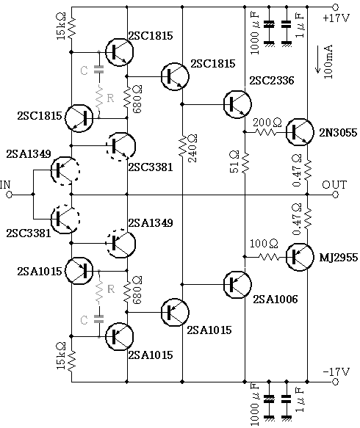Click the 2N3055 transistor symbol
tap(300, 132)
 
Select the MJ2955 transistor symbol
tap(300, 257)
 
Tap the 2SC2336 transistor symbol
tap(237, 104)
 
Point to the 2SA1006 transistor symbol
tap(237, 285)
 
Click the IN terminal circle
tap(9, 195)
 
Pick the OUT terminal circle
tap(336, 195)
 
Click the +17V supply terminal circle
tap(336, 7)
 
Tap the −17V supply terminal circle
tap(336, 382)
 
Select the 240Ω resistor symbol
tap(182, 146)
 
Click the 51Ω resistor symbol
tap(245, 163)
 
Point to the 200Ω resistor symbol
tap(265, 132)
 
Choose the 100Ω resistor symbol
tap(269, 257)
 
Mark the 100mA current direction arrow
tap(317, 59)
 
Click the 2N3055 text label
tap(338, 133)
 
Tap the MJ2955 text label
tap(339, 258)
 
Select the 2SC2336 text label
tap(272, 81)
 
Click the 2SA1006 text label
tap(276, 300)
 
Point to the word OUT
tap(334, 185)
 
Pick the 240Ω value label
tap(192, 148)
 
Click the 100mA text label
tap(328, 62)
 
